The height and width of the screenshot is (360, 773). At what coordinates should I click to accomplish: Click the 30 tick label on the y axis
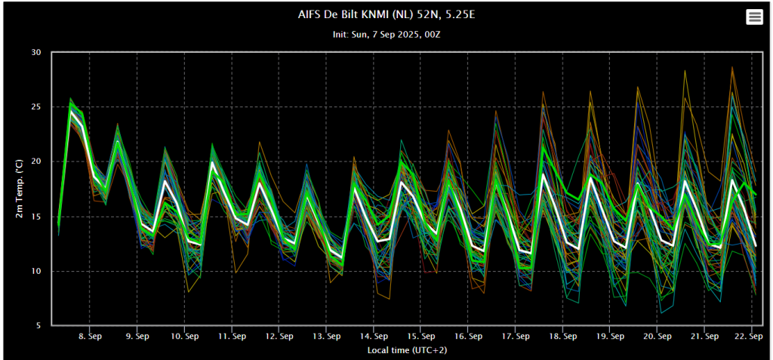point(35,52)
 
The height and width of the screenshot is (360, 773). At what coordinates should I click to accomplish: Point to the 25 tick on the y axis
point(35,107)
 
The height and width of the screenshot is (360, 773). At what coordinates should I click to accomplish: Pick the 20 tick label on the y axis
point(35,162)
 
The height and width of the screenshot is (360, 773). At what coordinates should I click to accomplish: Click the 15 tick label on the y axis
point(35,217)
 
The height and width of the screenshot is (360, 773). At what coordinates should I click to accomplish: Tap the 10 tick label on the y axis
point(35,271)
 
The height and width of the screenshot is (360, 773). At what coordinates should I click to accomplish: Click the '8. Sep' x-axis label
point(90,337)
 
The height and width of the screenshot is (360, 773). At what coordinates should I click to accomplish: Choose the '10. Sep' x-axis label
point(184,337)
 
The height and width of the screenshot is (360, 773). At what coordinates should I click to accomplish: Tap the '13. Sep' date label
point(326,337)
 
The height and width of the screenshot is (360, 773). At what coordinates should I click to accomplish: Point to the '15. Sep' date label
point(420,337)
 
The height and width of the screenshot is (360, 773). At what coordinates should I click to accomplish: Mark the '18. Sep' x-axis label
point(562,337)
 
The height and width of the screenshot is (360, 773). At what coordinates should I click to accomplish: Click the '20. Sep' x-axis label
point(657,337)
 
